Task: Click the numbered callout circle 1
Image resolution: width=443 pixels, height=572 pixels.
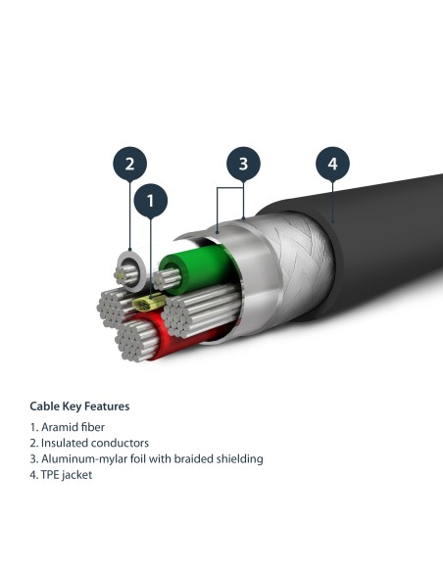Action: (x=150, y=203)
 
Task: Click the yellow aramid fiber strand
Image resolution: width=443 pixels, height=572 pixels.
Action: (x=143, y=306)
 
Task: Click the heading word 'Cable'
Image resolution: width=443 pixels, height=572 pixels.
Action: (x=45, y=405)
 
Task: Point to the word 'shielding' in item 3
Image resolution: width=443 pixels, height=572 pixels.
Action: (x=240, y=458)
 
